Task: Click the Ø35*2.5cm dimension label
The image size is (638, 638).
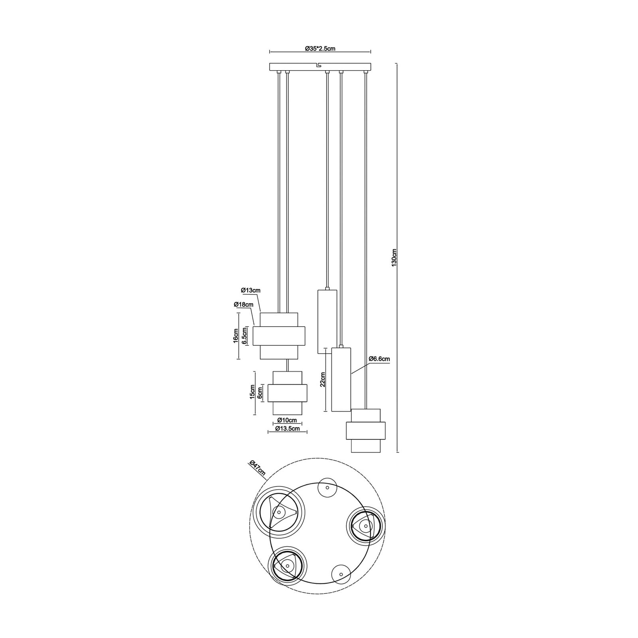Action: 320,48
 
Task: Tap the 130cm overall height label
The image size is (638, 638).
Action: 394,258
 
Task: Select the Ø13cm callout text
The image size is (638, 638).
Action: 250,290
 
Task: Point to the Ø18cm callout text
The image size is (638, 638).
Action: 244,305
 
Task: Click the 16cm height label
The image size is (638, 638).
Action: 236,336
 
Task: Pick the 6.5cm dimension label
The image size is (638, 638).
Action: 244,336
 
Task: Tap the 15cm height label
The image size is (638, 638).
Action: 252,392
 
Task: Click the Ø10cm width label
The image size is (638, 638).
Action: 287,420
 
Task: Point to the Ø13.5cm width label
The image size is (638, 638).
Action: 287,428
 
